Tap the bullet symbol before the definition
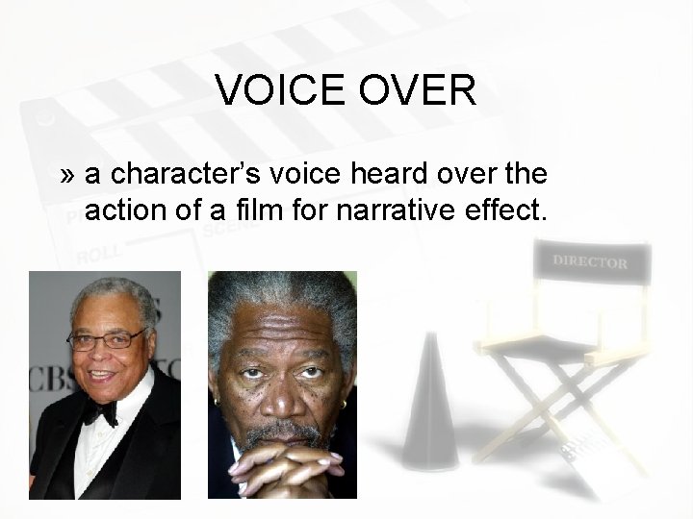[66, 175]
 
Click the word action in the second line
[124, 209]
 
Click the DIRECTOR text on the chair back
[590, 261]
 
